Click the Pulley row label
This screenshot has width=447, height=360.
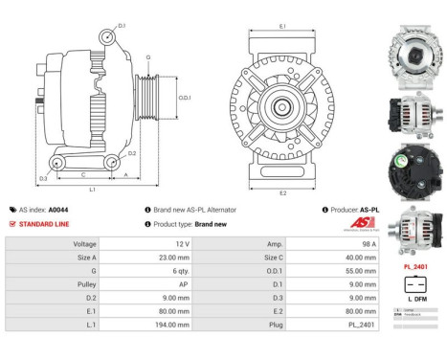[85, 284]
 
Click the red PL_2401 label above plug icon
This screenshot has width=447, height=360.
[414, 267]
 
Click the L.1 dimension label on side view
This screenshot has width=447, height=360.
[92, 190]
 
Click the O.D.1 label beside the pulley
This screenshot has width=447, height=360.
[186, 97]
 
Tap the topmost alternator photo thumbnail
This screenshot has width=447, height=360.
[414, 36]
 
